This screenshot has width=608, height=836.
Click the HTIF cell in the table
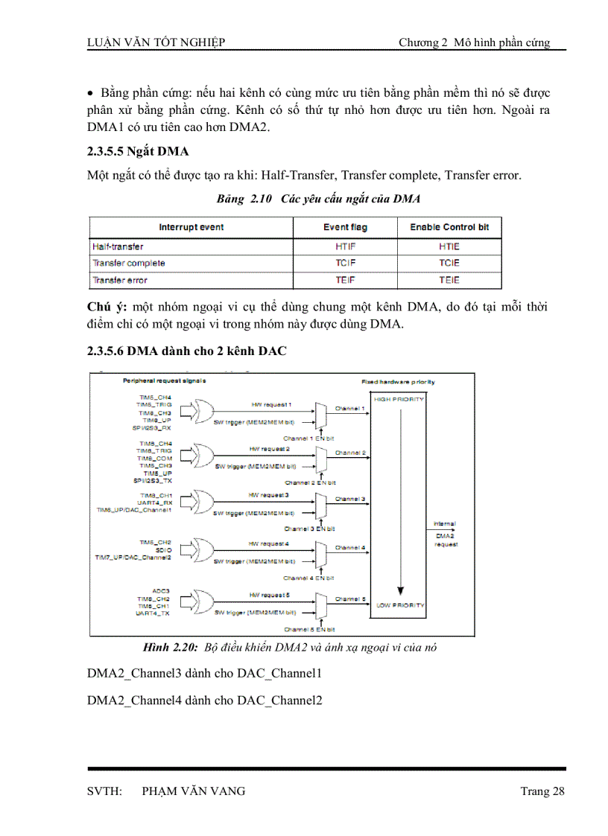[x=346, y=246]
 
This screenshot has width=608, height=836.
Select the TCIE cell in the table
[x=449, y=263]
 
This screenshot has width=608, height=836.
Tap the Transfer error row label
[x=120, y=280]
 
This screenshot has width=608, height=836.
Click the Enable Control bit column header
[x=449, y=227]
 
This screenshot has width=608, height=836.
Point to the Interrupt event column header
[x=191, y=227]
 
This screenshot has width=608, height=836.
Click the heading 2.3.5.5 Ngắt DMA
[x=138, y=152]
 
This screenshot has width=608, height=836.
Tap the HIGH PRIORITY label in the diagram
[x=399, y=399]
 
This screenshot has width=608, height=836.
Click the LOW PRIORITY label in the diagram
[x=399, y=604]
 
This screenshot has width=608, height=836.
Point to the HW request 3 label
[x=269, y=494]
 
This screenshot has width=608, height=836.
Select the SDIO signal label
[x=164, y=549]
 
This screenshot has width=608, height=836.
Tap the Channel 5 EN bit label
[x=309, y=629]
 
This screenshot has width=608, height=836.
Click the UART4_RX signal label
[x=156, y=502]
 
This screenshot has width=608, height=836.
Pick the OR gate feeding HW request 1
[x=202, y=409]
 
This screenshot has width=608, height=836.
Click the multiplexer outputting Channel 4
[x=320, y=552]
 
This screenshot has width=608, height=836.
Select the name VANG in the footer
[x=227, y=791]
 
